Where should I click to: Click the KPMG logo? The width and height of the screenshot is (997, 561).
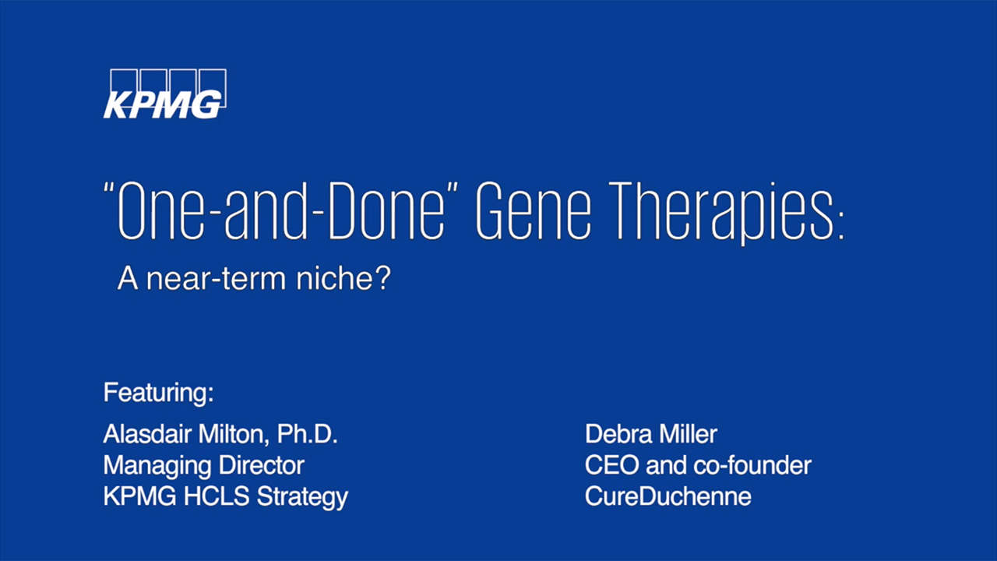pyautogui.click(x=165, y=94)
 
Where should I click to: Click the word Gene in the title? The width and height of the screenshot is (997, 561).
pyautogui.click(x=534, y=210)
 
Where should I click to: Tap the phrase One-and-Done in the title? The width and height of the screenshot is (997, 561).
pyautogui.click(x=280, y=210)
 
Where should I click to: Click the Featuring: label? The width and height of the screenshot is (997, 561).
pyautogui.click(x=158, y=393)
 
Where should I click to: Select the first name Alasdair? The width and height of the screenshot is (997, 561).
pyautogui.click(x=147, y=434)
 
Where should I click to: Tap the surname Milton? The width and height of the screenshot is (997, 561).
pyautogui.click(x=234, y=435)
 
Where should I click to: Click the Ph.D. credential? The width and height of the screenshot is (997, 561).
pyautogui.click(x=308, y=434)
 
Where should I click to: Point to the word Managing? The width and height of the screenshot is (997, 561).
pyautogui.click(x=157, y=467)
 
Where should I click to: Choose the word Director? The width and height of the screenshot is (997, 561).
pyautogui.click(x=261, y=465)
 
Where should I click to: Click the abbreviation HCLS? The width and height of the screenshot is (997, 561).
pyautogui.click(x=217, y=496)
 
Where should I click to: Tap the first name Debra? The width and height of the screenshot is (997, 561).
pyautogui.click(x=618, y=434)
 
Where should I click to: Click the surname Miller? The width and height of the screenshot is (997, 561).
pyautogui.click(x=689, y=434)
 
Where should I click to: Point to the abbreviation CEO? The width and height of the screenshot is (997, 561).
pyautogui.click(x=612, y=465)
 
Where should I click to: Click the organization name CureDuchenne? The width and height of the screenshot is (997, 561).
pyautogui.click(x=668, y=496)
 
